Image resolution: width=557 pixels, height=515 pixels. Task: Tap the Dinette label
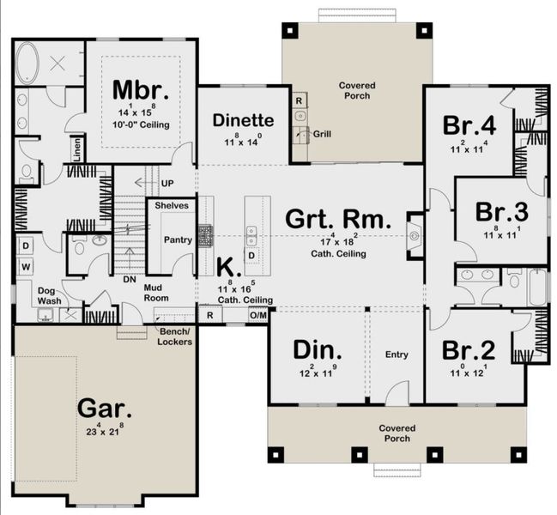coord(244,120)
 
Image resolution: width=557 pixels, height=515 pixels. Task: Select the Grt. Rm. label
coord(338,219)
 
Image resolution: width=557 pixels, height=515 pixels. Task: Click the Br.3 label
coord(502,211)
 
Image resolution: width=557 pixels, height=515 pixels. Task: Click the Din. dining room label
coord(318,350)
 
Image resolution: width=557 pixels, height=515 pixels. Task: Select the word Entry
coord(397,354)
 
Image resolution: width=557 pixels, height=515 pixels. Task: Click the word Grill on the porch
coord(323,135)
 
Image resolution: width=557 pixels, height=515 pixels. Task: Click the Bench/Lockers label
coord(176,336)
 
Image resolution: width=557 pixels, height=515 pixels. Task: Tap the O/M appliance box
coord(258,316)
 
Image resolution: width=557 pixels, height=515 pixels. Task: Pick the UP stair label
coord(167,184)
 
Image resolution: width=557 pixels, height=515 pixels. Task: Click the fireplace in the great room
coord(414,233)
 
